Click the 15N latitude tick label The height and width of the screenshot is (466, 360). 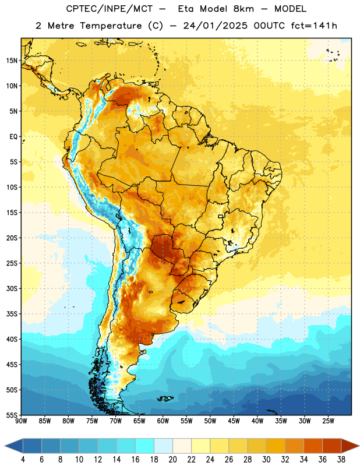click(12, 61)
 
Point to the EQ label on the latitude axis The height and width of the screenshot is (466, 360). click(13, 137)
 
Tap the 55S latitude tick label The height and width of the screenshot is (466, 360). click(12, 415)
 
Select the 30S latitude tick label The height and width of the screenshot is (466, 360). click(12, 288)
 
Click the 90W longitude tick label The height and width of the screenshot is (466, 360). click(21, 421)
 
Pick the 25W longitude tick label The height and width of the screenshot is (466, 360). click(328, 421)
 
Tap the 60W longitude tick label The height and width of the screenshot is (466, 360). click(163, 421)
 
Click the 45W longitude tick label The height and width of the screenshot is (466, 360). click(234, 421)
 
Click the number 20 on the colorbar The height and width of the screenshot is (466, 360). click(172, 460)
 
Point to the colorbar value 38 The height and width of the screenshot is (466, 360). click(341, 460)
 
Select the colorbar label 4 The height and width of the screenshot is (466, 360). click(23, 460)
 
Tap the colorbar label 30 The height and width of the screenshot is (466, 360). click(266, 460)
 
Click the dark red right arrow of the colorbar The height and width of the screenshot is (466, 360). click(350, 446)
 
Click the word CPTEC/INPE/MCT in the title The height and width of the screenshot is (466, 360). click(110, 9)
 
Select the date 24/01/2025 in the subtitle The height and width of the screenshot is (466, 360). click(215, 26)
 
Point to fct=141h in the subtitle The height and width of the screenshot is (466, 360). click(314, 26)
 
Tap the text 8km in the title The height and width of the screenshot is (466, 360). click(243, 9)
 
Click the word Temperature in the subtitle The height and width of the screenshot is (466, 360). click(111, 26)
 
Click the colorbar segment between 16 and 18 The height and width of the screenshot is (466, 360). click(145, 446)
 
